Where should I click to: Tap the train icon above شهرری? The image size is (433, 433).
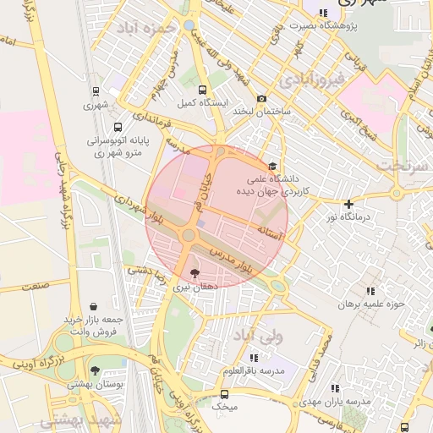tap(95, 91)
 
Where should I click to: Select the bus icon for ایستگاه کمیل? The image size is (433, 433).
tap(202, 90)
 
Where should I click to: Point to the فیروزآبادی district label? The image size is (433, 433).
tap(315, 81)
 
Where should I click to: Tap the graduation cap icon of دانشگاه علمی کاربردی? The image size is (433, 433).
tap(272, 167)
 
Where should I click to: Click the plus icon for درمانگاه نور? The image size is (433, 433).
tap(348, 204)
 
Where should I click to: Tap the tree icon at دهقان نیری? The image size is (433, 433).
tap(196, 273)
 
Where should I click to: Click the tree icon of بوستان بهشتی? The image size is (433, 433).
tap(95, 370)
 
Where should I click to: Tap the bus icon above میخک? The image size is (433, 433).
tap(224, 393)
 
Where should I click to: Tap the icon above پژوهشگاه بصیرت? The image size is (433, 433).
tap(324, 12)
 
